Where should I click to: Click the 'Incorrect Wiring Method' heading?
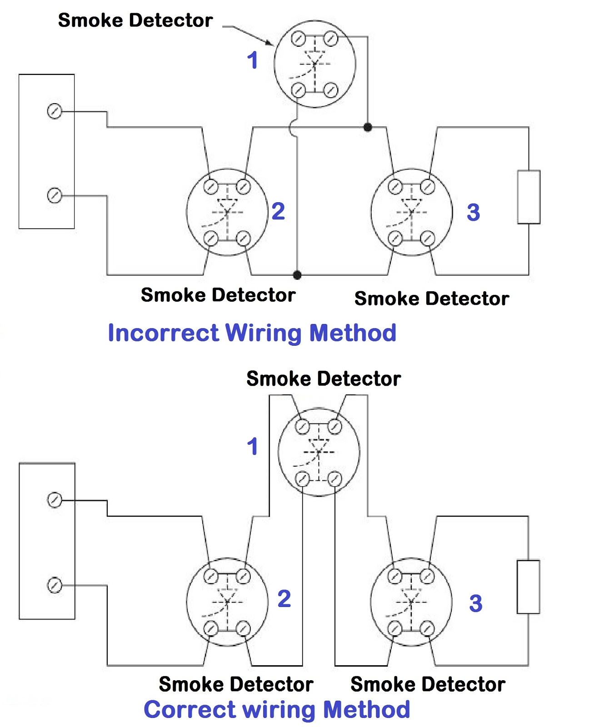pyautogui.click(x=252, y=333)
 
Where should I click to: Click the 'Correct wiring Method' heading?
pyautogui.click(x=276, y=709)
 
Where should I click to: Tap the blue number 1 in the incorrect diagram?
pyautogui.click(x=253, y=60)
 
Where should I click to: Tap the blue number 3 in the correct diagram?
pyautogui.click(x=475, y=603)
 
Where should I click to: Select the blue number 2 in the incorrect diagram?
pyautogui.click(x=278, y=211)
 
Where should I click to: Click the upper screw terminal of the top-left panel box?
pyautogui.click(x=55, y=111)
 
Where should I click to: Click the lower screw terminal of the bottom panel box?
pyautogui.click(x=55, y=585)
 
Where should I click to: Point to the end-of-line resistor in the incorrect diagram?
pyautogui.click(x=529, y=197)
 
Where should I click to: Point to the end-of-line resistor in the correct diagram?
pyautogui.click(x=528, y=587)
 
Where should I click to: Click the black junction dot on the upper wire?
pyautogui.click(x=368, y=127)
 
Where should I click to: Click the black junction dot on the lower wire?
pyautogui.click(x=297, y=274)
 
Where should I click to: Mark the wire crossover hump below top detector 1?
pyautogui.click(x=292, y=128)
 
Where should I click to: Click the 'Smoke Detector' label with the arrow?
pyautogui.click(x=135, y=20)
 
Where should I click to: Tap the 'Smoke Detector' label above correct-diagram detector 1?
pyautogui.click(x=323, y=378)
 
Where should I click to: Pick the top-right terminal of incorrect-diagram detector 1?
pyautogui.click(x=331, y=39)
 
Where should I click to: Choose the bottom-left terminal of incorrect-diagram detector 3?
pyautogui.click(x=395, y=238)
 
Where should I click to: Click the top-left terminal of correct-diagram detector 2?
pyautogui.click(x=211, y=576)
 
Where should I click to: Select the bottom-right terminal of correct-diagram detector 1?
pyautogui.click(x=334, y=478)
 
